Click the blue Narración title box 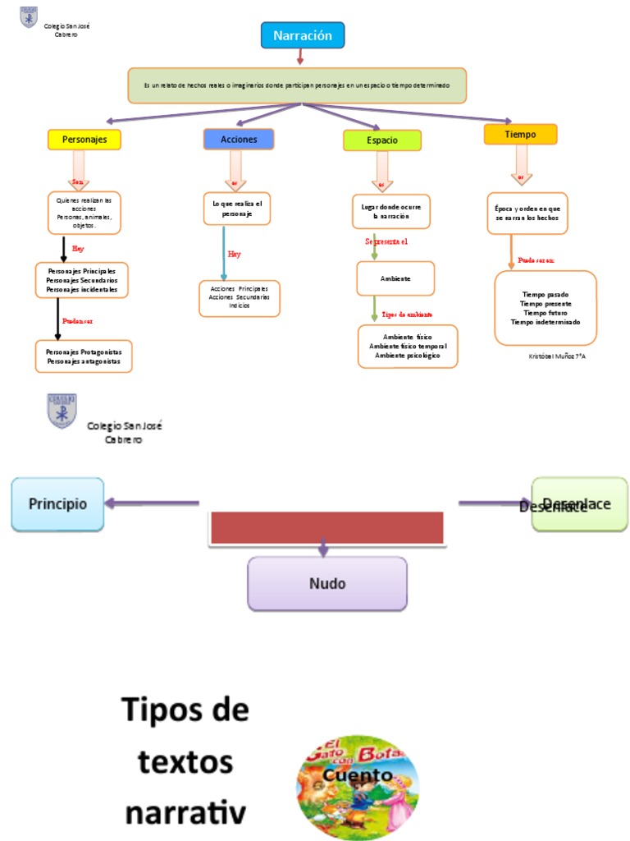303,36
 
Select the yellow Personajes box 84,140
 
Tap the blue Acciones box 239,140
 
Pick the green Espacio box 382,140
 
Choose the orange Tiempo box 520,134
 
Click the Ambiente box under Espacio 395,279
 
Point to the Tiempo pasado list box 546,308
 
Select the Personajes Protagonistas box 84,356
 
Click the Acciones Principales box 240,298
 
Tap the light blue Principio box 57,503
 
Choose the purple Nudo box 327,584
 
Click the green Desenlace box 580,504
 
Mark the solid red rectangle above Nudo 327,527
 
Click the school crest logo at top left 29,17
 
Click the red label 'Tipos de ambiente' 408,315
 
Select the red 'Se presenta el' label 386,241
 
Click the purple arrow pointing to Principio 152,503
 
